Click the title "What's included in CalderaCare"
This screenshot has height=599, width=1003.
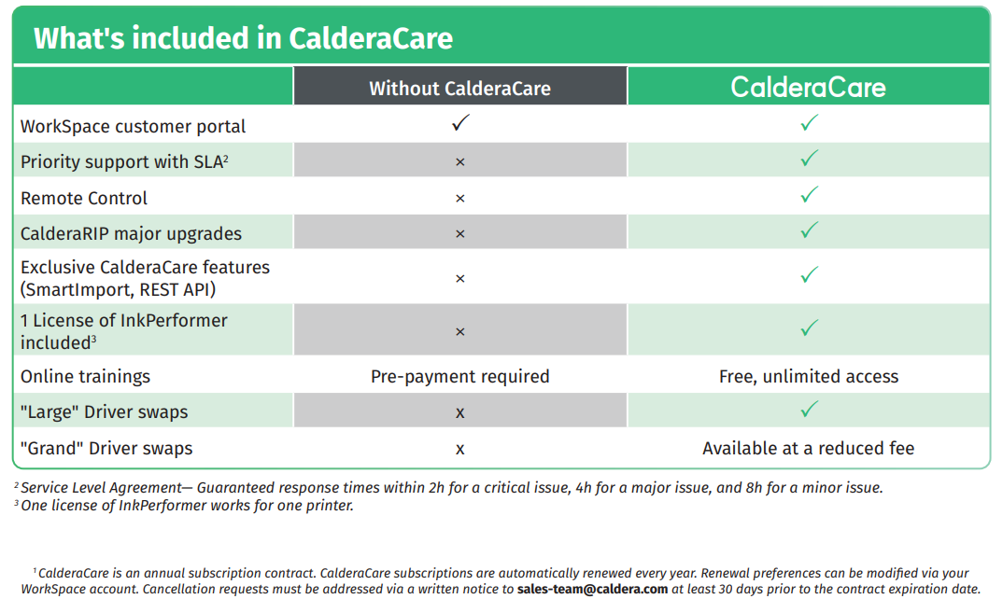click(243, 38)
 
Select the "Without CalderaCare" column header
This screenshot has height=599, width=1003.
click(459, 89)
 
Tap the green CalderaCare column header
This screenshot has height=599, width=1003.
click(809, 88)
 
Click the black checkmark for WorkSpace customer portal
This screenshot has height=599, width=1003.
click(460, 123)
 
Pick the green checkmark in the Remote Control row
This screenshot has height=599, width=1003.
click(809, 194)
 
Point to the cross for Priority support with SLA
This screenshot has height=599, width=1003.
click(459, 162)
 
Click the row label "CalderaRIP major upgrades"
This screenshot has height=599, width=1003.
click(131, 234)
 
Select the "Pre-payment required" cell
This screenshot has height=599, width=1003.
click(459, 377)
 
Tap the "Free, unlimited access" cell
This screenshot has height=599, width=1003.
click(809, 377)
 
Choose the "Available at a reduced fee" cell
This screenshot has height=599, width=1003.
click(809, 448)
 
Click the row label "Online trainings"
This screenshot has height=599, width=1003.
click(85, 377)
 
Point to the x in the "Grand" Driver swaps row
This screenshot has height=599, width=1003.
click(459, 450)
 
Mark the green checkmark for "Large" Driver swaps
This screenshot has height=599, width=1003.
click(809, 410)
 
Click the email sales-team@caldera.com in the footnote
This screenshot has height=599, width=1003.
click(592, 589)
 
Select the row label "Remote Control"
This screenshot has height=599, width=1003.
click(84, 198)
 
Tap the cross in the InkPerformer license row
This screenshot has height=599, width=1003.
click(459, 332)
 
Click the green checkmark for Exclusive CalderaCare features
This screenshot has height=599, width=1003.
click(809, 275)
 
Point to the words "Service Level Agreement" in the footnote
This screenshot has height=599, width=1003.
click(101, 488)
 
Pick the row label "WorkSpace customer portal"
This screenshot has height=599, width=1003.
click(133, 127)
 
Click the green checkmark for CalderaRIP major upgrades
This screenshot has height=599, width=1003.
click(809, 230)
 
